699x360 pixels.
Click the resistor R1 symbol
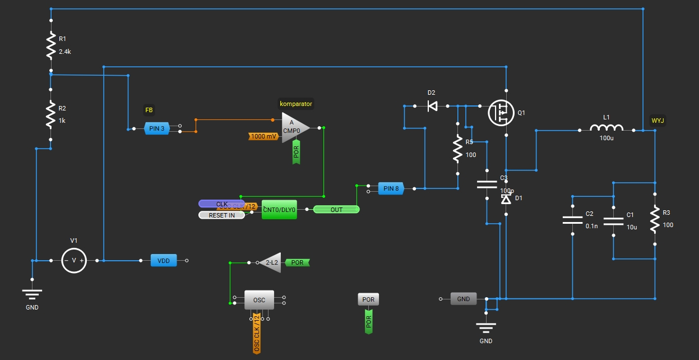[x=50, y=45]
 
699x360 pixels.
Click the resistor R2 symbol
[x=50, y=114]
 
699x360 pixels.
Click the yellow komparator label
[x=296, y=103]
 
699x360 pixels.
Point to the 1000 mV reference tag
[x=263, y=136]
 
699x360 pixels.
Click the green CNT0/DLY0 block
[x=279, y=209]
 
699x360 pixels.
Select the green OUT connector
[x=336, y=209]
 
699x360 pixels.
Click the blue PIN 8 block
[x=391, y=188]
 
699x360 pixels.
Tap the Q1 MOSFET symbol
[x=500, y=113]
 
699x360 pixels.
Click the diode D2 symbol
[x=432, y=105]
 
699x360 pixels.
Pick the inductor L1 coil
[x=606, y=130]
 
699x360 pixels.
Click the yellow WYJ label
[x=658, y=121]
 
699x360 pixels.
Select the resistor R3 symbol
[x=654, y=219]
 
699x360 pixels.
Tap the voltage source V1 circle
[x=74, y=260]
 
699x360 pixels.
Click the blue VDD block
[x=164, y=260]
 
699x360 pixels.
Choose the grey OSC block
[x=259, y=300]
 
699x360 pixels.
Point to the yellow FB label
[x=149, y=110]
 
